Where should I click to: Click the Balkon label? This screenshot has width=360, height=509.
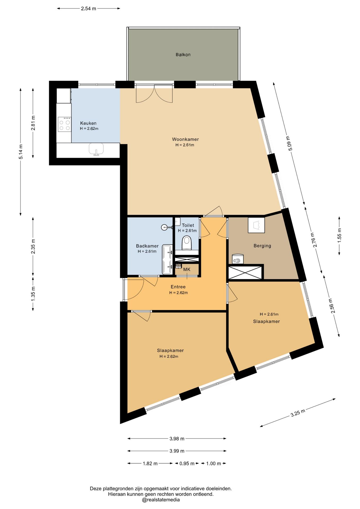coord(183,55)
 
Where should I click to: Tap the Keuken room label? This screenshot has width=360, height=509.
coord(88,123)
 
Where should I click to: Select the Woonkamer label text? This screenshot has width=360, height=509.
coord(185,139)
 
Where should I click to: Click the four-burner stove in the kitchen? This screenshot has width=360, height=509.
coord(64,124)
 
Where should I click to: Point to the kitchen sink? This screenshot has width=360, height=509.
coord(96,149)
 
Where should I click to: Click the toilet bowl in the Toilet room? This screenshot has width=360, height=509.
coord(187,243)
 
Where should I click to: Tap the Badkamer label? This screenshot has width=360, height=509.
coord(147,246)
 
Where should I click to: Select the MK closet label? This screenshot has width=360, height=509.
coord(187,270)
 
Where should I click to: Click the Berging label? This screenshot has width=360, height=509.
coord(262,246)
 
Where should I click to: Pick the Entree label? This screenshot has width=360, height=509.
coord(178,287)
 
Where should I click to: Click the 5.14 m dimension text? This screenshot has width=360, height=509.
coord(21,152)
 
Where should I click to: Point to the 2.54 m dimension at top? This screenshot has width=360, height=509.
coord(89,8)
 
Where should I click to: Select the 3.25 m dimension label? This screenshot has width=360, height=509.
coord(298,413)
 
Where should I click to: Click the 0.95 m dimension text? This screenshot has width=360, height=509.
coord(187,463)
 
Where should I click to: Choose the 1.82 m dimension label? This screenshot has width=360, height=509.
coord(150,463)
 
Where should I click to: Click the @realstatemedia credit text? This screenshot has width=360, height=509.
coord(161,500)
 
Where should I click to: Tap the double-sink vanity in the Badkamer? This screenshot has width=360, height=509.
coord(167,260)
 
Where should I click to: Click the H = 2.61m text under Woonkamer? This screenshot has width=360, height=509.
coord(185,145)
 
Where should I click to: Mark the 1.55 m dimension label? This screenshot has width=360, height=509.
coord(339,236)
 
